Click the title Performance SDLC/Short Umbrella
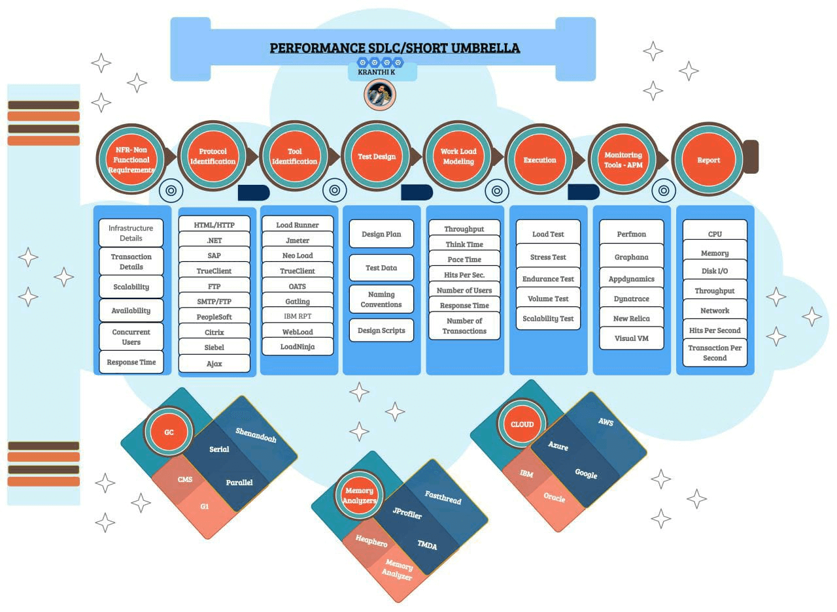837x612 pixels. coord(395,48)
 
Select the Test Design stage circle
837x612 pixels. coord(377,157)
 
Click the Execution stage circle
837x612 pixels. coord(540,160)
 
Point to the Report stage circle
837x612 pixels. coord(708,160)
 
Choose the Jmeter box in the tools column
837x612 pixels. coord(298,240)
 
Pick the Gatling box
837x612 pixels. coord(298,301)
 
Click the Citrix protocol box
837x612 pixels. coord(214,332)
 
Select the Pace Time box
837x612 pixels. coord(464,259)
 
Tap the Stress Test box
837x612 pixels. coord(548,257)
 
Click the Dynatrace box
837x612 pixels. coord(631,298)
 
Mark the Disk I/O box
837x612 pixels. coord(715,270)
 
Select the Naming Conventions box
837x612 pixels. coord(381,299)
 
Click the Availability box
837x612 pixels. coord(131,311)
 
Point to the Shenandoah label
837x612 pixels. coord(256,436)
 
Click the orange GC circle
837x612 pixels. coord(169,432)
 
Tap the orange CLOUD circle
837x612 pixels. coord(522,424)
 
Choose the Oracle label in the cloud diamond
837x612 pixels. coord(554,497)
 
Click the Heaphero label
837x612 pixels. coord(371,541)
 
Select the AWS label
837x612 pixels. coord(606,422)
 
